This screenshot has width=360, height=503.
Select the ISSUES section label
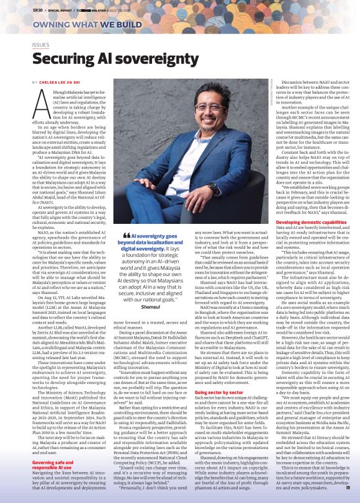40,45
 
